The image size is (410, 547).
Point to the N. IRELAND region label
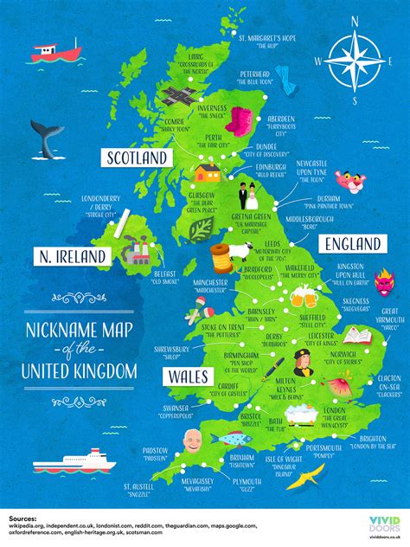pyautogui.click(x=72, y=256)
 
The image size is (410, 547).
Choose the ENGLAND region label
pyautogui.click(x=351, y=243)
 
